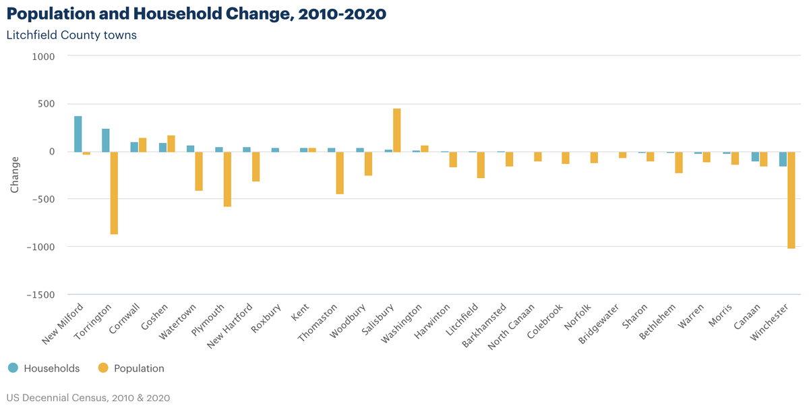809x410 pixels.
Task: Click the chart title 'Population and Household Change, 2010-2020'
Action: click(x=196, y=14)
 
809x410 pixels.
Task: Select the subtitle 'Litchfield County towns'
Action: click(x=71, y=35)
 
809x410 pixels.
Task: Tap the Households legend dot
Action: click(x=13, y=368)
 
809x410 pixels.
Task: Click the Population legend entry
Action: click(x=131, y=368)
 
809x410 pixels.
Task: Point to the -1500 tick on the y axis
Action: click(x=40, y=295)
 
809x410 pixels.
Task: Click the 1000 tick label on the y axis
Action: click(x=43, y=57)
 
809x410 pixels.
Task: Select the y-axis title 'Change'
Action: click(x=14, y=175)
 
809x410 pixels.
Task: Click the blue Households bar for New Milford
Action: click(x=78, y=134)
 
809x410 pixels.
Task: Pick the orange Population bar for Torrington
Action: click(x=114, y=193)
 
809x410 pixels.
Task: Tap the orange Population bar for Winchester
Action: click(x=791, y=200)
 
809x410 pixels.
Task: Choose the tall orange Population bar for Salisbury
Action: click(x=397, y=130)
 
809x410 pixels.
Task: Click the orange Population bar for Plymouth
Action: click(x=227, y=179)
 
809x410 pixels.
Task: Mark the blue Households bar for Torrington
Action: click(x=106, y=140)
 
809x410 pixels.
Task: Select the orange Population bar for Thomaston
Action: click(x=340, y=173)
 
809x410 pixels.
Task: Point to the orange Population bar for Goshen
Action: click(x=171, y=144)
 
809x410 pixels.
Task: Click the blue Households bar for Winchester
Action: click(x=783, y=159)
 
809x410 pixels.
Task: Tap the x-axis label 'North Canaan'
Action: click(x=511, y=327)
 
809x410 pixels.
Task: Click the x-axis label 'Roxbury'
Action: click(x=266, y=318)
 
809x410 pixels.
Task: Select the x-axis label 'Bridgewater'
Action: click(x=599, y=324)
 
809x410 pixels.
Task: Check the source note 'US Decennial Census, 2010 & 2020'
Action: click(x=88, y=398)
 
